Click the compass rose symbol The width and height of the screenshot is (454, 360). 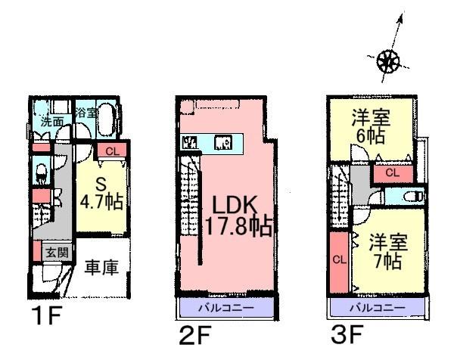tap(388, 60)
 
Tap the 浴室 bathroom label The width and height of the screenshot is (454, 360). tap(86, 113)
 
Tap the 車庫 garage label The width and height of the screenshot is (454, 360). tap(100, 269)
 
